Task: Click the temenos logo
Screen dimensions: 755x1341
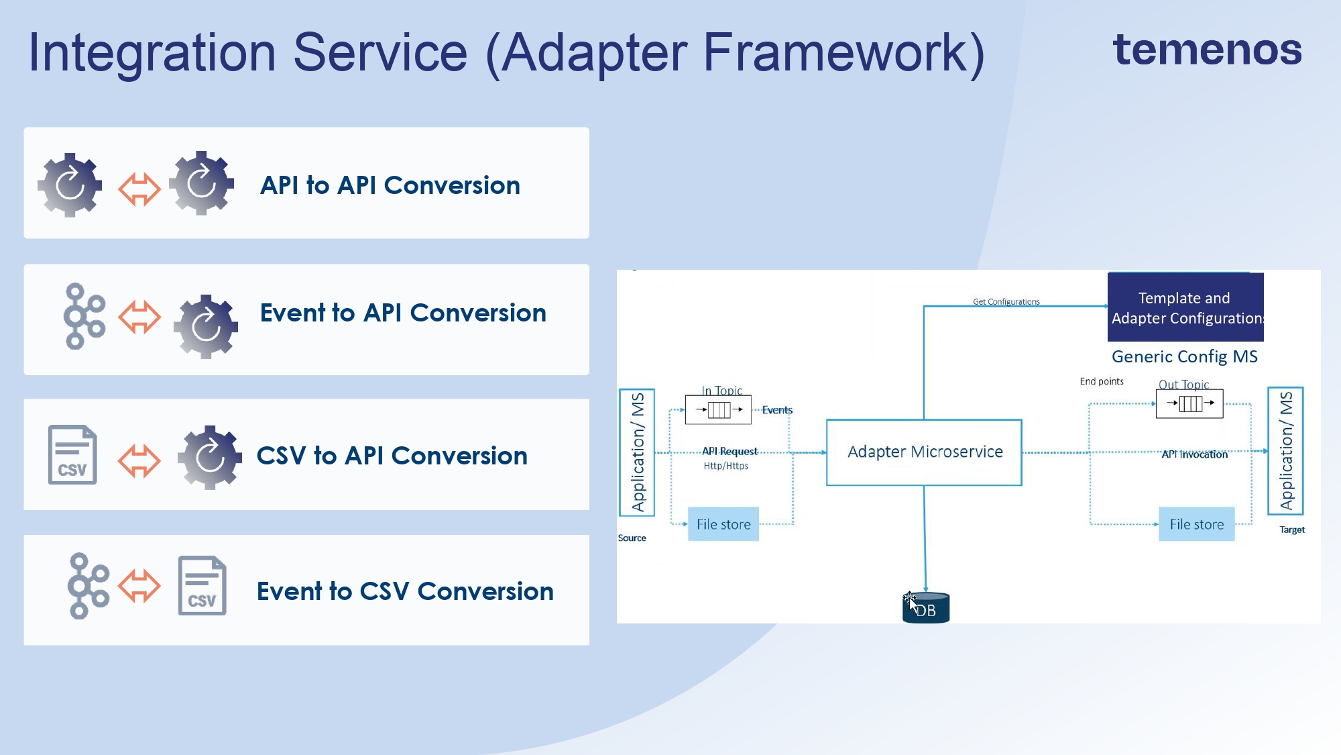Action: tap(1207, 50)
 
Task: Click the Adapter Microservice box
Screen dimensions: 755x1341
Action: tap(924, 452)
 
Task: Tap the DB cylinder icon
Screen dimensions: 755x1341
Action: tap(925, 608)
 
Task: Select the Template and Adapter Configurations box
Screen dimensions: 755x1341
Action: tap(1185, 307)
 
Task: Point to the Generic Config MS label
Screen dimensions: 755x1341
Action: tap(1184, 356)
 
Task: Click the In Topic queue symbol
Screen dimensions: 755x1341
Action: tap(718, 409)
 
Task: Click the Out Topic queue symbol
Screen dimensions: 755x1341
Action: tap(1189, 403)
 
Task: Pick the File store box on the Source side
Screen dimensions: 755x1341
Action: tap(723, 524)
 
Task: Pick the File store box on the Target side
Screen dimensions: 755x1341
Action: tap(1196, 524)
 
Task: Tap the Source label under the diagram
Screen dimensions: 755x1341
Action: tap(632, 538)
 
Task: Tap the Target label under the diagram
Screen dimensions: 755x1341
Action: tap(1291, 530)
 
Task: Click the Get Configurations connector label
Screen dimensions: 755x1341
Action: tap(1006, 302)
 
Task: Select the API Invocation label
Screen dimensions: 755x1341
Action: tap(1194, 454)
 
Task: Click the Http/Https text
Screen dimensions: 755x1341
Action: tap(725, 466)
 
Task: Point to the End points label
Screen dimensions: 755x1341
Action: tap(1101, 381)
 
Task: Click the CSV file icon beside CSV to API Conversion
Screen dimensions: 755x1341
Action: tap(72, 454)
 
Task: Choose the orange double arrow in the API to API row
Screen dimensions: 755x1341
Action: tap(139, 189)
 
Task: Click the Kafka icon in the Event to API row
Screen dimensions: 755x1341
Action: tap(84, 316)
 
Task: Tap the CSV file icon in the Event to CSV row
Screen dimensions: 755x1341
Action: tap(202, 585)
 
